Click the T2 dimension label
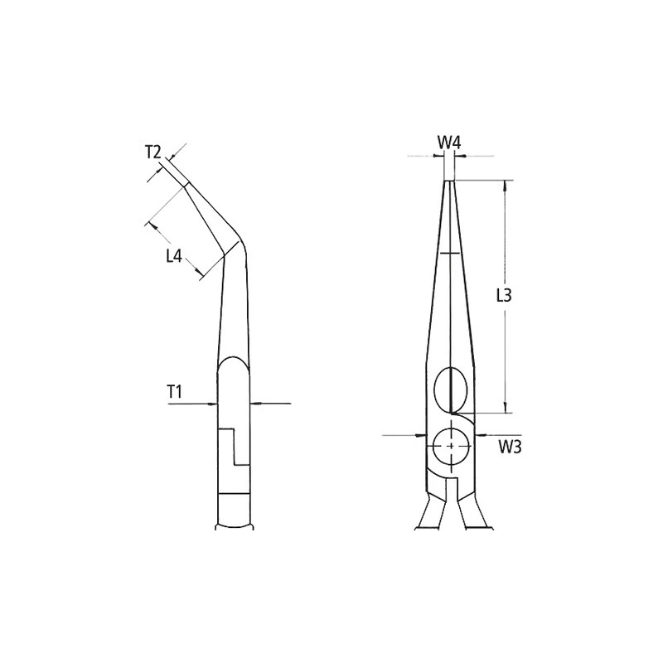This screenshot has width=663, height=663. point(153,152)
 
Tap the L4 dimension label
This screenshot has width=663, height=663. point(174,256)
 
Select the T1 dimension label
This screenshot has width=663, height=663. point(174,392)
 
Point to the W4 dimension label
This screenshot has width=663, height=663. point(448,143)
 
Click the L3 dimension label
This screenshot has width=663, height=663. point(504,296)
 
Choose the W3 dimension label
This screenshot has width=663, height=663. point(510,447)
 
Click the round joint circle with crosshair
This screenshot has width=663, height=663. point(452,446)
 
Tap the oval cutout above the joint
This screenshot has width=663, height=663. point(451,390)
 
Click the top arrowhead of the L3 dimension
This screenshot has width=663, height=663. point(505,185)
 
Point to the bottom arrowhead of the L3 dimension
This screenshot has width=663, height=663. point(505,408)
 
